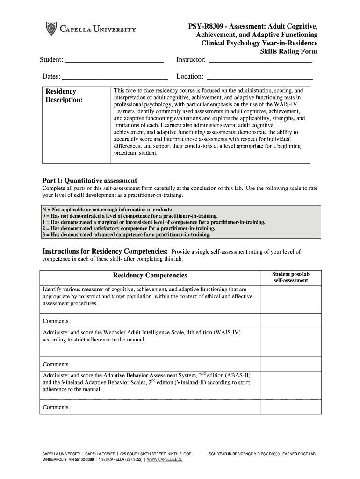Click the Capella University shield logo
click(x=50, y=29)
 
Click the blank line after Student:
click(x=115, y=61)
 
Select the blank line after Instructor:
click(x=260, y=61)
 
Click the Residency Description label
click(x=64, y=96)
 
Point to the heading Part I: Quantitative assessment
click(x=90, y=181)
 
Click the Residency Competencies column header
click(x=150, y=276)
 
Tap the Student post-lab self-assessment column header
click(x=290, y=277)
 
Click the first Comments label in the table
click(x=56, y=321)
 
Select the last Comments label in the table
click(x=56, y=407)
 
